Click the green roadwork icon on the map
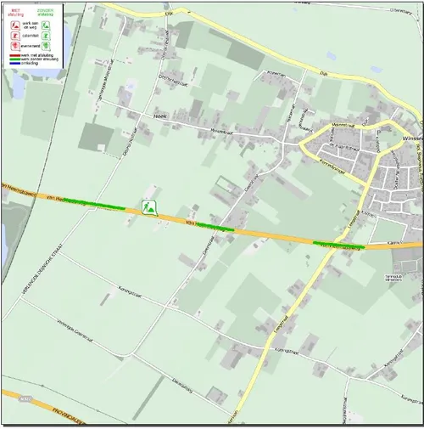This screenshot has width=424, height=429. tap(150, 206)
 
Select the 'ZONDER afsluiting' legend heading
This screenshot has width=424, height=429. tap(43, 12)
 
